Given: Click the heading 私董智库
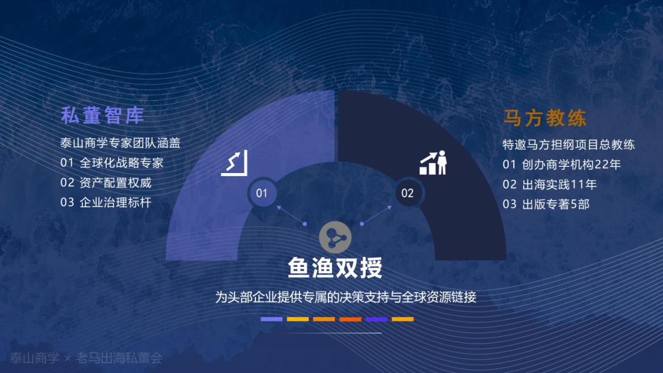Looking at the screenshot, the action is click(x=103, y=115).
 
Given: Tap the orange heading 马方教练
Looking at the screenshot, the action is click(x=545, y=118).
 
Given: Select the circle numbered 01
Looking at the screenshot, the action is click(x=262, y=193).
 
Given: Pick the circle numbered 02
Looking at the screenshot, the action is click(x=408, y=193).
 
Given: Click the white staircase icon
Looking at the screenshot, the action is click(x=235, y=163).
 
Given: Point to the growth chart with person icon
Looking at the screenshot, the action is click(x=433, y=163).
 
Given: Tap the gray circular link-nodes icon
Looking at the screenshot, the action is click(x=335, y=237).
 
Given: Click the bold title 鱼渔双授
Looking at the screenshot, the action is click(x=335, y=267).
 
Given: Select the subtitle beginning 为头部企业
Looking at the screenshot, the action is click(x=346, y=297).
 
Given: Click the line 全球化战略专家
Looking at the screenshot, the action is click(x=122, y=163).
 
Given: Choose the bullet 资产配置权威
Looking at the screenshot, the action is click(x=115, y=182).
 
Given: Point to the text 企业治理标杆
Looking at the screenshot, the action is click(x=115, y=202).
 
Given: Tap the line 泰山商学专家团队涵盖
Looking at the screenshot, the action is click(x=120, y=143).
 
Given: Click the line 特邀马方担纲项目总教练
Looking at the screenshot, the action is click(x=568, y=144).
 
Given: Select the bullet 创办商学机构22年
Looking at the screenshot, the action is click(x=572, y=164).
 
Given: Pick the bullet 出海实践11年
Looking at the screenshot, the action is click(x=559, y=184).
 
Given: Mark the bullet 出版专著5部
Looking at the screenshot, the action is click(x=556, y=204).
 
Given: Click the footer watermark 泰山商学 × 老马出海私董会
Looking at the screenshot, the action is click(x=87, y=358).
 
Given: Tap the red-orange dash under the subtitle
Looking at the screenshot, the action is click(x=350, y=320).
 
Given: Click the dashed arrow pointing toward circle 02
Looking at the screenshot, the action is click(x=376, y=215).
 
